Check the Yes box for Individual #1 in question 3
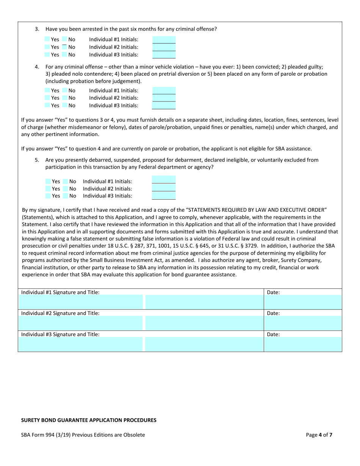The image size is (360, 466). (47, 39)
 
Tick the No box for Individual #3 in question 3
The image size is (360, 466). (65, 55)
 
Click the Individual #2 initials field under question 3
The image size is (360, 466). (164, 47)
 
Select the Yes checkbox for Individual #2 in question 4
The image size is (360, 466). (47, 98)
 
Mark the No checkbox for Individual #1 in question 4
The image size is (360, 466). (65, 91)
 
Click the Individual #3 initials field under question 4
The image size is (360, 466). (164, 105)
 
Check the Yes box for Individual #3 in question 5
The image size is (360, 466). (48, 196)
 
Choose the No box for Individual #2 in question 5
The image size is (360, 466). (66, 189)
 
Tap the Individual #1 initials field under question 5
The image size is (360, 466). (164, 180)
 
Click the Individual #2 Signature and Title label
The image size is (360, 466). (60, 313)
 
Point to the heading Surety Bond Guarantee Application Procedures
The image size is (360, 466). (89, 420)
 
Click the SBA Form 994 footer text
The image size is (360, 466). (83, 435)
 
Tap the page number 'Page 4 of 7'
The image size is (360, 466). (319, 435)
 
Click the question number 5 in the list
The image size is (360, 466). (37, 160)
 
